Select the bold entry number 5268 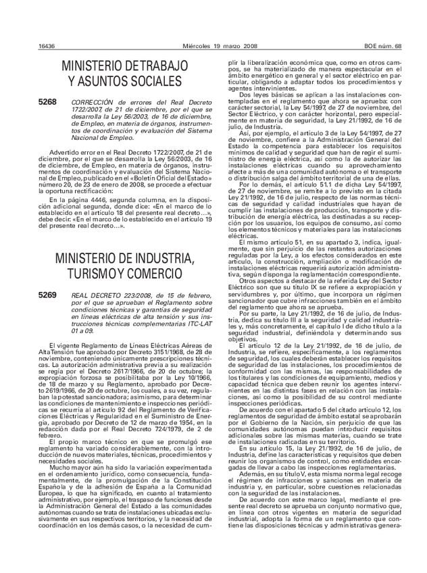click(48, 101)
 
